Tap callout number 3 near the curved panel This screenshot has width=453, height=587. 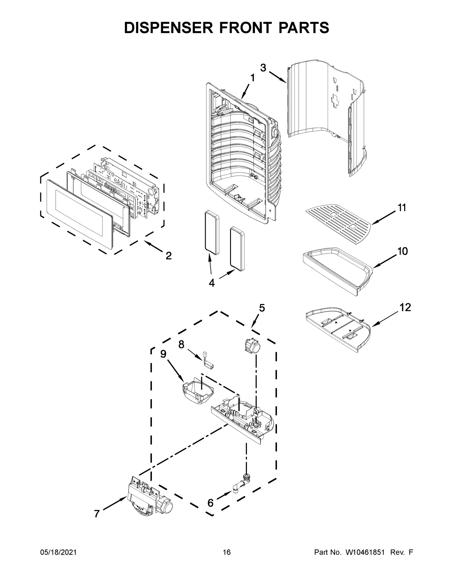(263, 68)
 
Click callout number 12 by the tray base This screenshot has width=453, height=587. (405, 307)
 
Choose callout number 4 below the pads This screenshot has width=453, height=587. (211, 283)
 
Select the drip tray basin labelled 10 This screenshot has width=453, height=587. (338, 271)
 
